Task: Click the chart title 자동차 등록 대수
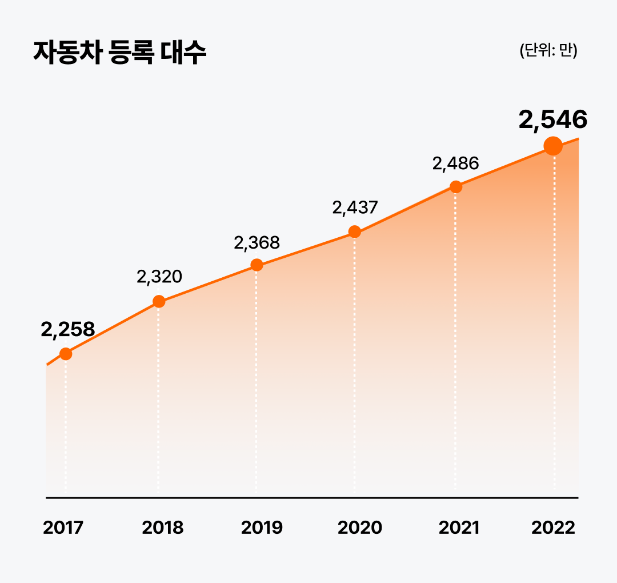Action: coord(119,53)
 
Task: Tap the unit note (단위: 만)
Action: coord(548,51)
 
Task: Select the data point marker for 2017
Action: coord(66,354)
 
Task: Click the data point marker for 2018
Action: coord(159,301)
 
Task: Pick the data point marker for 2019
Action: coord(257,265)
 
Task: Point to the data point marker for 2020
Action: coord(355,231)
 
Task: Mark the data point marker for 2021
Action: coord(455,186)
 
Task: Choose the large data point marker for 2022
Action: coord(553,146)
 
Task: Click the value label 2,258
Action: coord(67,330)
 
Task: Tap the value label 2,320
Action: coord(159,277)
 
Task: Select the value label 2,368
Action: coord(257,243)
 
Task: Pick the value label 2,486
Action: coord(455,164)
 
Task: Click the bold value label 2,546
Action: coord(552,121)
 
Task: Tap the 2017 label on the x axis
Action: coord(63,528)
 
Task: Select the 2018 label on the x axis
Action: coord(163,528)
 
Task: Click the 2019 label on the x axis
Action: coord(262,528)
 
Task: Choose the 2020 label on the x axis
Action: coord(360,528)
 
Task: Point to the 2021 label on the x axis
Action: coord(459,528)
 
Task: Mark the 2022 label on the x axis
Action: coord(553,528)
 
